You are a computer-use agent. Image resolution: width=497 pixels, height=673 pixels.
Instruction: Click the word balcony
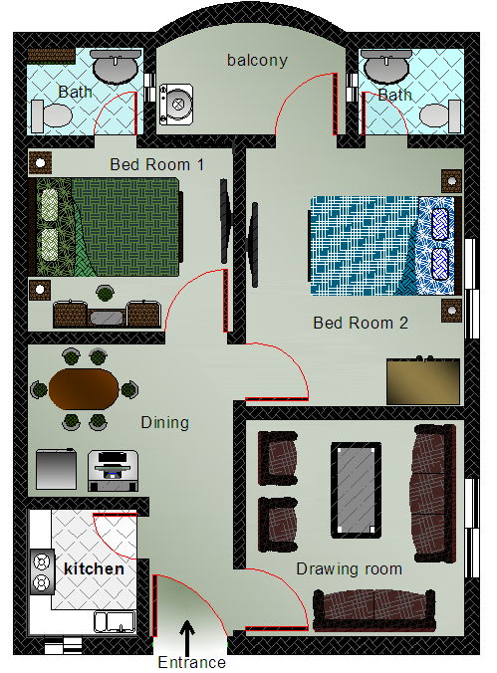257,61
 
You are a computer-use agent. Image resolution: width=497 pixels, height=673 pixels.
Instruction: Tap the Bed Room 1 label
156,165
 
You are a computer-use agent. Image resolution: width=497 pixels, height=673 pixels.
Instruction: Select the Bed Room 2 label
361,323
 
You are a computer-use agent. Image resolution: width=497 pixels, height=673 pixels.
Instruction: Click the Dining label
165,423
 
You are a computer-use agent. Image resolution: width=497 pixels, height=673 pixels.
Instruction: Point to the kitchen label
94,568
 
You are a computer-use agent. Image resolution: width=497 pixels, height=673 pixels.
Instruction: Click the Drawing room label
350,569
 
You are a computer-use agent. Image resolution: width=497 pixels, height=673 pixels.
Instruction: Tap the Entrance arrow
187,638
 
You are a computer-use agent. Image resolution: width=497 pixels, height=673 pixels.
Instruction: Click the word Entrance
191,662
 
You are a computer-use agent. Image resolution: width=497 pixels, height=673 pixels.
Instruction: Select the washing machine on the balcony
176,105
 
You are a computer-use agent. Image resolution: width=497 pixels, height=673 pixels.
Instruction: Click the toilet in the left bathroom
52,115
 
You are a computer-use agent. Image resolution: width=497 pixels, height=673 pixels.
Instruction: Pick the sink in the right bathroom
385,66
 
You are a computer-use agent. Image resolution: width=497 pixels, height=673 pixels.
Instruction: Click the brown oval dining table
84,389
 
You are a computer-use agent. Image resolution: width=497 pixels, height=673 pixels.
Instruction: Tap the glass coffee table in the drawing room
357,490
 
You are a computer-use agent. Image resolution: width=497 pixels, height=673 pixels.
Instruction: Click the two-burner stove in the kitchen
42,571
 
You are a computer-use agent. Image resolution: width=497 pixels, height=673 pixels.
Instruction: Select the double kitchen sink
116,622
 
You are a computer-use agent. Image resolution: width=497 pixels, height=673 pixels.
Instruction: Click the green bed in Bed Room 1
106,227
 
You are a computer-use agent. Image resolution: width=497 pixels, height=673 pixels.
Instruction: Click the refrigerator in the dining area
56,469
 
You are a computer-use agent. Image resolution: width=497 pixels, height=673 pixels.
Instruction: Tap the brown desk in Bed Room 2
423,381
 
